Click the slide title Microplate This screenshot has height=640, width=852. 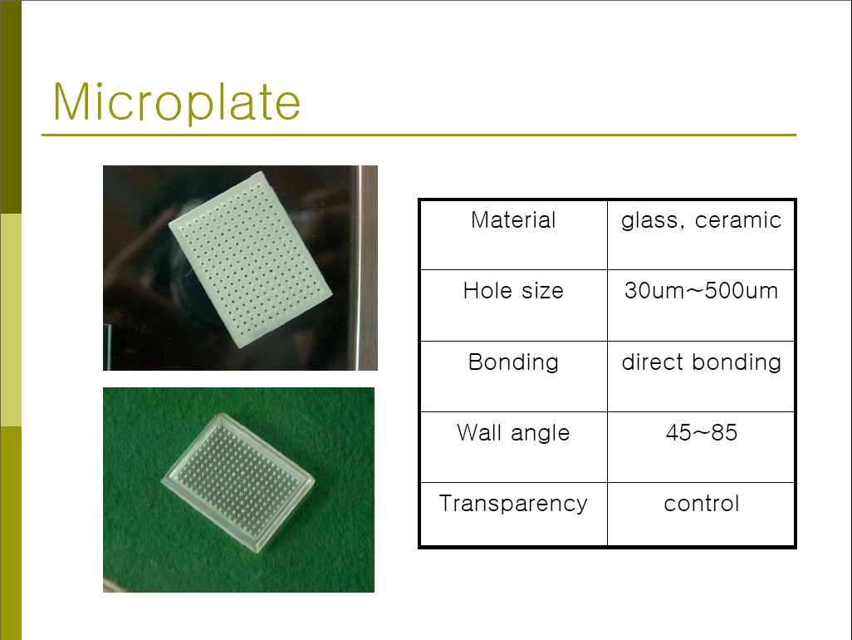pos(177,101)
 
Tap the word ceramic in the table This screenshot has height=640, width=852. pos(738,220)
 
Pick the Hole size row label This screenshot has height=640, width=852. pos(513,290)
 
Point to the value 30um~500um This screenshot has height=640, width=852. pos(701,290)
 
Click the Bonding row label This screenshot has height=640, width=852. pos(513,362)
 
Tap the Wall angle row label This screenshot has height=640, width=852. pos(513,433)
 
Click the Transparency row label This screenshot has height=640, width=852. pos(513,504)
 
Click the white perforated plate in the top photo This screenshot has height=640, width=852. pos(251,258)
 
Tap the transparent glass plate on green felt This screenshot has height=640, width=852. pos(237,482)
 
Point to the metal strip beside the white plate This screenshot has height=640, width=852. pos(367,268)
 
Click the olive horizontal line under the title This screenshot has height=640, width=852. pos(419,135)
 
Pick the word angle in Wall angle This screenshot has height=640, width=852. pos(540,434)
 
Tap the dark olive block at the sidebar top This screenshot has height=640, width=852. pos(11,106)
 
